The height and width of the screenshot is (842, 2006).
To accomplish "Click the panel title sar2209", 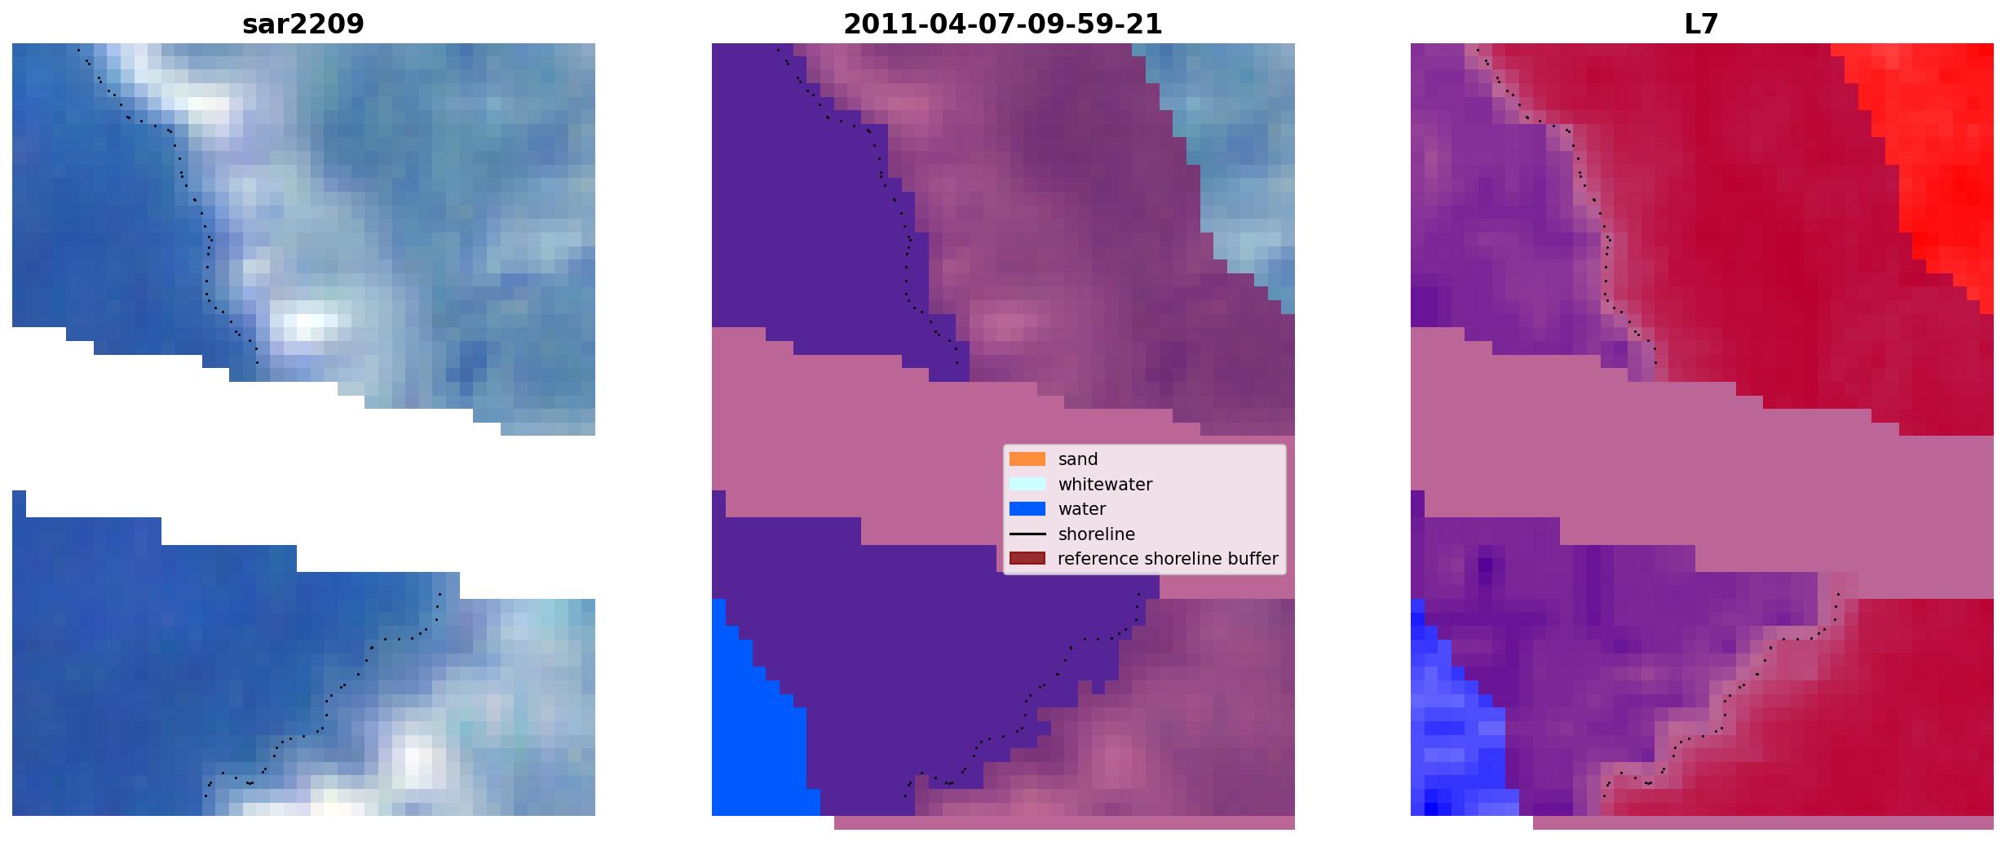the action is tap(303, 24).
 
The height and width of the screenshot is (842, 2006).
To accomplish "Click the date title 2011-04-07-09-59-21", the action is tap(1003, 24).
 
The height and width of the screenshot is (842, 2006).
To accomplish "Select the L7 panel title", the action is tap(1702, 24).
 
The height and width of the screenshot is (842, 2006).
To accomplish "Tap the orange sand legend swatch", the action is tap(1027, 459).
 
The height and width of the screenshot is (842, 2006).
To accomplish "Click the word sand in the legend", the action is tap(1078, 459).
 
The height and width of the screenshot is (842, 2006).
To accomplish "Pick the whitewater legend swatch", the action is tap(1027, 484).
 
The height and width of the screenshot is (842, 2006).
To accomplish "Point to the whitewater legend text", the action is tap(1105, 485).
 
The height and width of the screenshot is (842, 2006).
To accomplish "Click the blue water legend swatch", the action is tap(1027, 509).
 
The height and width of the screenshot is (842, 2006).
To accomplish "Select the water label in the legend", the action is tap(1082, 509).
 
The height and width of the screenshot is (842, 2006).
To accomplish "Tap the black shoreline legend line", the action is tap(1027, 534).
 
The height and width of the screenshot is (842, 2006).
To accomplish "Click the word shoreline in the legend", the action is tap(1097, 534).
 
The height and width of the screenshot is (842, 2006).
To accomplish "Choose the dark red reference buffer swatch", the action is tap(1027, 559).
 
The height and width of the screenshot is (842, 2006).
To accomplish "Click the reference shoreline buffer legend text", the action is tap(1168, 559).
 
